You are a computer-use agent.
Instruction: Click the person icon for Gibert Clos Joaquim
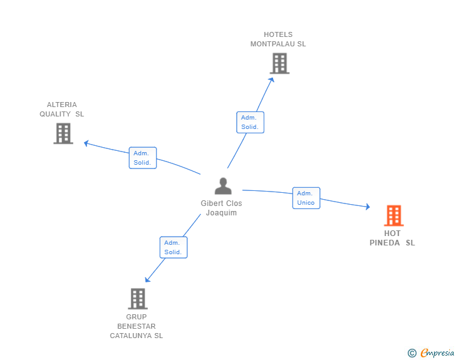[223, 186]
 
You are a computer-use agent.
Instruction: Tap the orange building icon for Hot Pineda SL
[393, 215]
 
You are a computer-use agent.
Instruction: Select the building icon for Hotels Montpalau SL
[279, 63]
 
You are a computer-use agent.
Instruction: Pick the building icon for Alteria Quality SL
[63, 133]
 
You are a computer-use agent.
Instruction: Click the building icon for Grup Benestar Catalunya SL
[138, 299]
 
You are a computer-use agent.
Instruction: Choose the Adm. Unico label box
[306, 198]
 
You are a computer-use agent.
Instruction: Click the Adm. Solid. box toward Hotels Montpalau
[250, 122]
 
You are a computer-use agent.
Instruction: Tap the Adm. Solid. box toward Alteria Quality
[142, 158]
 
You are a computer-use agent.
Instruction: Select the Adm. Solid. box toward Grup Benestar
[173, 247]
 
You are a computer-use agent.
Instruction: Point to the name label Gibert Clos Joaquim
[221, 208]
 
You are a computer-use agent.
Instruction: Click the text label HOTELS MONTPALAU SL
[278, 39]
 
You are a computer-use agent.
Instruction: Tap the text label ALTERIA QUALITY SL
[61, 110]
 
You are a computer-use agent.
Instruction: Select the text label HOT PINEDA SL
[392, 238]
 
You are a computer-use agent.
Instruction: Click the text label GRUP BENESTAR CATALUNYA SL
[137, 326]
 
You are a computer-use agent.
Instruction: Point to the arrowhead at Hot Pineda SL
[368, 207]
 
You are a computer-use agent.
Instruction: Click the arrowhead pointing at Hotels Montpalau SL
[272, 78]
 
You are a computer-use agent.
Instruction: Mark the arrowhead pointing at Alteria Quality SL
[86, 143]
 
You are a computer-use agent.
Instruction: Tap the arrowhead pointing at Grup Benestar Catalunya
[147, 280]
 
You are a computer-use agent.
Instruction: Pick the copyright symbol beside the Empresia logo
[412, 353]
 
